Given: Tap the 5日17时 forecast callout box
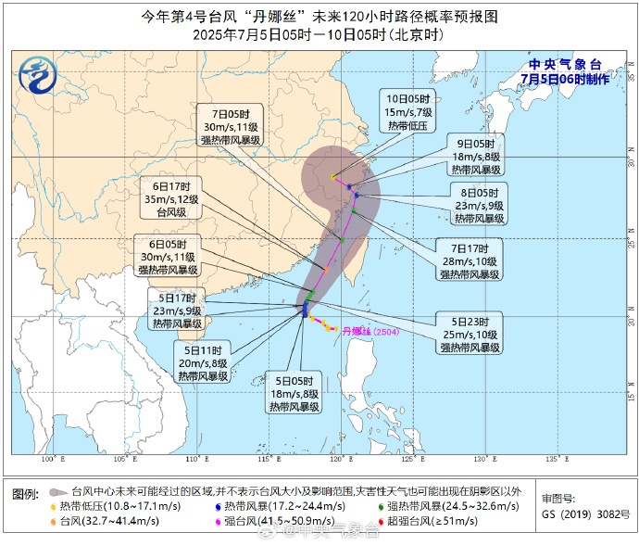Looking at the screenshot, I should click(177, 311).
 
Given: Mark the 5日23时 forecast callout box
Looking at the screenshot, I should click(469, 334).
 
